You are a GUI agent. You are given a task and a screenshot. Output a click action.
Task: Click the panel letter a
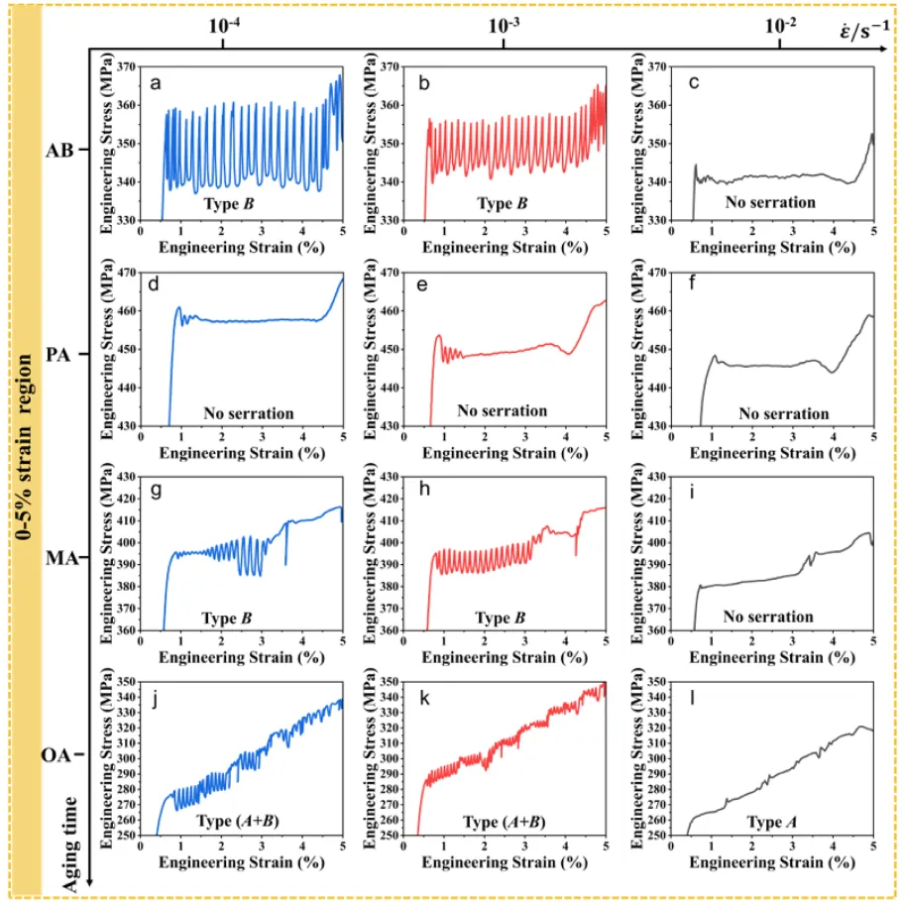tap(155, 83)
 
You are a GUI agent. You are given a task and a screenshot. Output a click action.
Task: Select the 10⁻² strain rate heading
tap(779, 28)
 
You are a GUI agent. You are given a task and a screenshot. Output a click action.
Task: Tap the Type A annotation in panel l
tap(753, 822)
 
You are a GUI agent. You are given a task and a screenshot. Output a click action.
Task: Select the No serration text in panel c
tap(768, 202)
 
